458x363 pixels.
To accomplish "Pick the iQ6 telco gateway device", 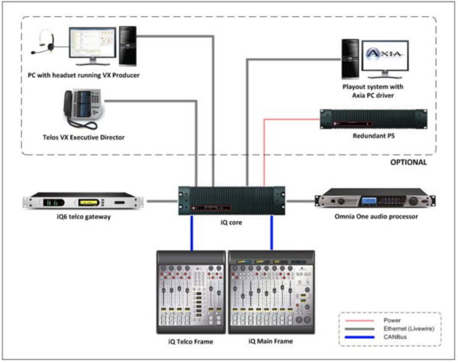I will coord(82,202).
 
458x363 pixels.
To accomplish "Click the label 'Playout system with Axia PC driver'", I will coord(374,92).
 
